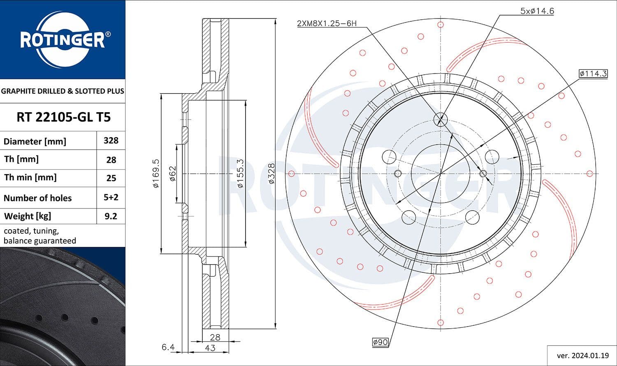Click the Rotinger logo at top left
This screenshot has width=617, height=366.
(63, 39)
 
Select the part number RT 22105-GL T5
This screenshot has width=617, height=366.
(63, 117)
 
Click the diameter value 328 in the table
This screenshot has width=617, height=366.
(111, 140)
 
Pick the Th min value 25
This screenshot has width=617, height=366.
(111, 178)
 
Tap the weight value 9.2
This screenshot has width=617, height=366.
(111, 216)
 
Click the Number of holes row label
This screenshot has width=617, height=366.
(37, 198)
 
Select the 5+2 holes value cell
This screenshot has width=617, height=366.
(111, 197)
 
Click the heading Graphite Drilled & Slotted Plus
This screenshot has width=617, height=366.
(63, 91)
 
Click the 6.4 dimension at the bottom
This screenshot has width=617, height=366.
(168, 348)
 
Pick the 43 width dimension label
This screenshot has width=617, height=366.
(210, 348)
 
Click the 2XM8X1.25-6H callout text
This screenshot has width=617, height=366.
(327, 23)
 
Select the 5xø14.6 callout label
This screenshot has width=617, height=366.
(537, 11)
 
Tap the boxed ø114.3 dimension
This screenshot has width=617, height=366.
(593, 74)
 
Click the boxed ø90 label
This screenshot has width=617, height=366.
(380, 342)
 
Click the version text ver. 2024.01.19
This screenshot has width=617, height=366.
(582, 355)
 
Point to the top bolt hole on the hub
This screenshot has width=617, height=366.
(440, 119)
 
